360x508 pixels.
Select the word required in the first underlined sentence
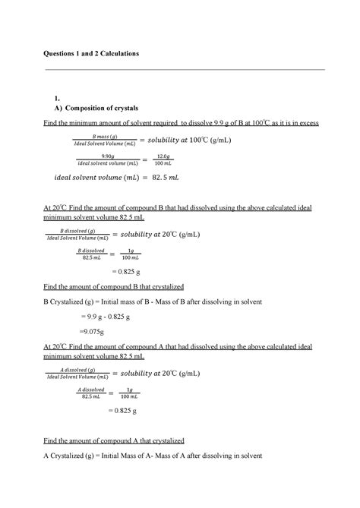[x=157, y=123]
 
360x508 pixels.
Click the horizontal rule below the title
[x=185, y=69]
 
